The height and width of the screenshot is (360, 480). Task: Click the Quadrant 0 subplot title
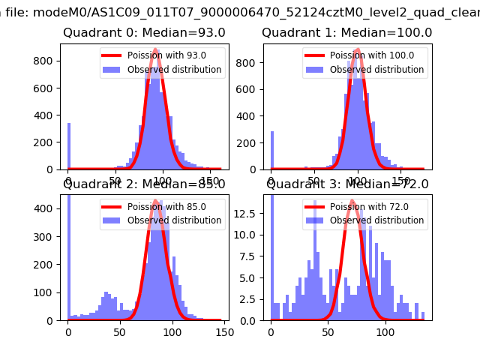144,33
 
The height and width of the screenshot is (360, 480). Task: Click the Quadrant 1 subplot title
346,33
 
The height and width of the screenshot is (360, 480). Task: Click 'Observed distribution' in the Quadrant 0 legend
175,70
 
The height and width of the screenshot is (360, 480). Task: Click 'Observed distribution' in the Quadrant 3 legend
377,220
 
